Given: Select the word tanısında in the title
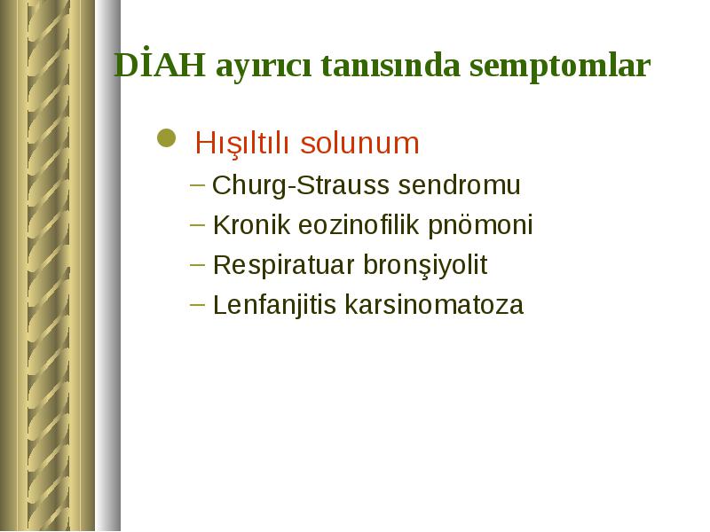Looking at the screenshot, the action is (390, 66).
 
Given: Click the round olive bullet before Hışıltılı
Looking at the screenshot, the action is (166, 138).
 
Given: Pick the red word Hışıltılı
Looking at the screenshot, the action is (241, 144).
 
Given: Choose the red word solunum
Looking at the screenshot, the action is (360, 143).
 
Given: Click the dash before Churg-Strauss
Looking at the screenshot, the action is (197, 185).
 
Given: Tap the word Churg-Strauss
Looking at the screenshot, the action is (301, 185).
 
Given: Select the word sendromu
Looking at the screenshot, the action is (459, 185).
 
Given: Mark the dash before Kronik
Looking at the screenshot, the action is (197, 224).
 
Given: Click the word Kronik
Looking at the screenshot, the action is (251, 224).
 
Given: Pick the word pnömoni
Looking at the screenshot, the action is (480, 225).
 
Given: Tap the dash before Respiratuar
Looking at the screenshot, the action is (197, 264).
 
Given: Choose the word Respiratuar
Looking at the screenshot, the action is (283, 265).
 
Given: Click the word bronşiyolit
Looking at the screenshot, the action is (425, 265).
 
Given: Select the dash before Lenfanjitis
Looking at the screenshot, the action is (197, 304).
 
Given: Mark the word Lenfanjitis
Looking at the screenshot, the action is (274, 305).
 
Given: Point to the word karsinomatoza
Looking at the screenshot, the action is (434, 304).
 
